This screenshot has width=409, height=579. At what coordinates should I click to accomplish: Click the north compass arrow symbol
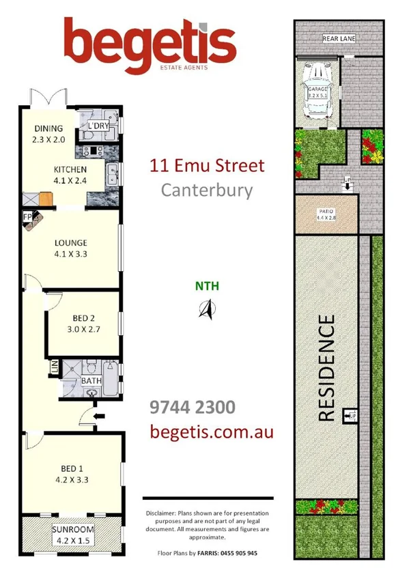206,309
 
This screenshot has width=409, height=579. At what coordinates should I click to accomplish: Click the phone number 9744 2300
192,408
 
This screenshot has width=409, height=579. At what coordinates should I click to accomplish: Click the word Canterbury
206,189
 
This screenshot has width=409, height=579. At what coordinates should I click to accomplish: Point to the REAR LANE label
338,39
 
